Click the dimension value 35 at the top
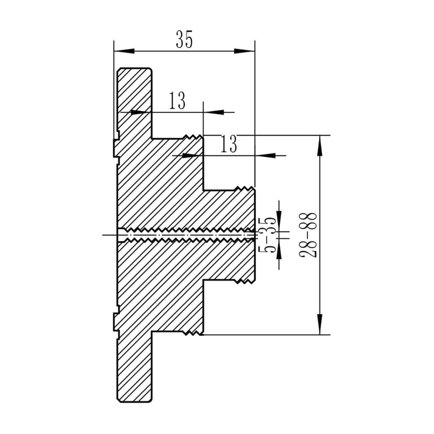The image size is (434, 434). (184, 40)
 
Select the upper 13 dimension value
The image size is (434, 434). (177, 101)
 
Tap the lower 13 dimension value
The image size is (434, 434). (228, 144)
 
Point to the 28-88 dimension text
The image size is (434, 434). (308, 235)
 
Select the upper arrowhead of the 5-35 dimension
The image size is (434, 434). (279, 217)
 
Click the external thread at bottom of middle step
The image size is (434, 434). (193, 333)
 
